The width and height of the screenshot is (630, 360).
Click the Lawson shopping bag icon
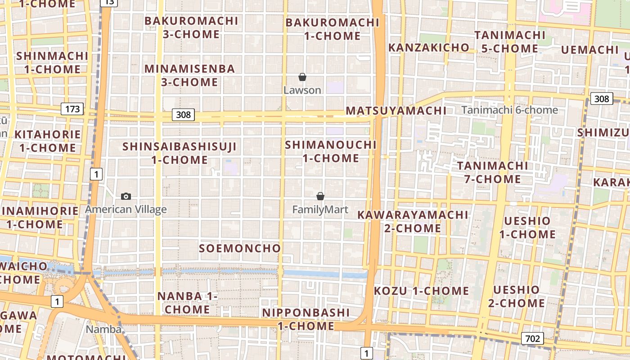(302, 77)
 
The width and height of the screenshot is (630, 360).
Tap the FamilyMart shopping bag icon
(320, 196)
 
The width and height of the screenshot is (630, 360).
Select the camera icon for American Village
(126, 196)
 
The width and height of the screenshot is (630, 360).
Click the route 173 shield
(72, 108)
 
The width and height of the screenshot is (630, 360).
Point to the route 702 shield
(532, 338)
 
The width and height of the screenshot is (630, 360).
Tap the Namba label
(103, 329)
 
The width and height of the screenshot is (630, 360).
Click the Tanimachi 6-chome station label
(509, 110)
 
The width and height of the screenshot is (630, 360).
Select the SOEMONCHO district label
(240, 248)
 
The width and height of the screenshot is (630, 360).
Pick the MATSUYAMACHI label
(396, 111)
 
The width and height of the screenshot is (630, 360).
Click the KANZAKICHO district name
(428, 48)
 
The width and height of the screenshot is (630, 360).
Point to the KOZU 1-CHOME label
(421, 291)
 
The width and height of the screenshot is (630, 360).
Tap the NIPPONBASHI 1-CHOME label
(306, 319)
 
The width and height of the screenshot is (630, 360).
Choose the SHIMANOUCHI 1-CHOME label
(331, 152)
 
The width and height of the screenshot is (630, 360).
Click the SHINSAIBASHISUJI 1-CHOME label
(179, 153)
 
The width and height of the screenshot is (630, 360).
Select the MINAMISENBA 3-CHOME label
(189, 76)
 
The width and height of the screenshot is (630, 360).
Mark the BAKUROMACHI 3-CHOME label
(191, 27)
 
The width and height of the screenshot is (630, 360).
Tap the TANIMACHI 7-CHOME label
(493, 172)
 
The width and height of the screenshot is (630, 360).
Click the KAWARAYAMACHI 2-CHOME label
(413, 221)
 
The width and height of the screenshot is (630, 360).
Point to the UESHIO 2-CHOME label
(516, 296)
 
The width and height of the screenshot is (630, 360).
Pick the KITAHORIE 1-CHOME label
(47, 141)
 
